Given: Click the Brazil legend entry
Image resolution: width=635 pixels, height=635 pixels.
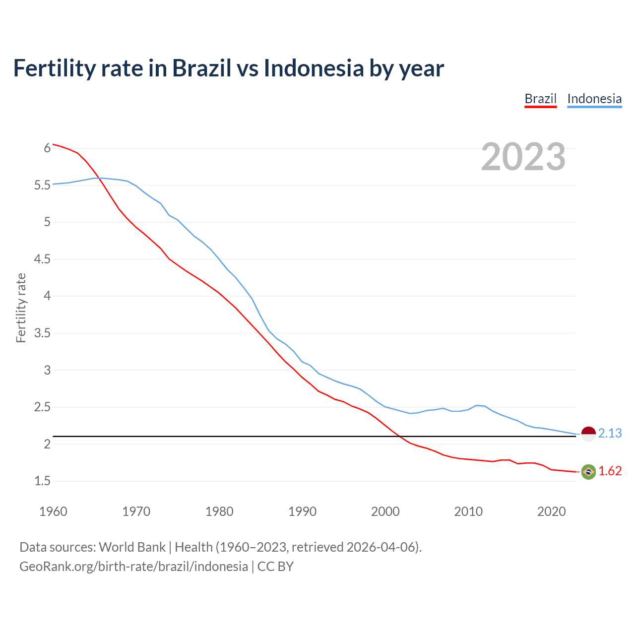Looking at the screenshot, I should click(540, 99).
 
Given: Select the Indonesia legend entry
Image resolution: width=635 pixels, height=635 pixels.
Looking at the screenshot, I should click(594, 99).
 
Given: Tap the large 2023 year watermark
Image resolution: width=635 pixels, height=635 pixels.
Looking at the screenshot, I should click(523, 157).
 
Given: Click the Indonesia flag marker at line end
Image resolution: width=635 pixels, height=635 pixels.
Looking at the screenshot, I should click(588, 434).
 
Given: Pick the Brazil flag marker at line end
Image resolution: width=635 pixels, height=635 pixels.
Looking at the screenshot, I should click(588, 472).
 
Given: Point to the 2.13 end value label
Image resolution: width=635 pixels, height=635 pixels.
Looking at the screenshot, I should click(610, 433).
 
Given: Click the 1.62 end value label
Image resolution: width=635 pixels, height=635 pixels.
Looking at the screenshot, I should click(610, 471).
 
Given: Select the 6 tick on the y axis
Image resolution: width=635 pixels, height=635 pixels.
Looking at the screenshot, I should click(47, 148).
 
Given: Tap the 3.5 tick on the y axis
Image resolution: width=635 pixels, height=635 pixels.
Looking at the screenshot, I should click(42, 333).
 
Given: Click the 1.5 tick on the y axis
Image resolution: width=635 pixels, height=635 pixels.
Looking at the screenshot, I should click(42, 481).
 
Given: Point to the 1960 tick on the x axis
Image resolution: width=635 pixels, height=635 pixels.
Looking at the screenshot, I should click(53, 511).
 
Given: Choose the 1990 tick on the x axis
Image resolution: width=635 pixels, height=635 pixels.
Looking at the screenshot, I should click(302, 511).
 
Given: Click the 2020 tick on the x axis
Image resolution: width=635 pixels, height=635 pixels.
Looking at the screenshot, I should click(551, 511).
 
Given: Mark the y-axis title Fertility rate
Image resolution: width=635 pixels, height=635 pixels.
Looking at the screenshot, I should click(21, 308).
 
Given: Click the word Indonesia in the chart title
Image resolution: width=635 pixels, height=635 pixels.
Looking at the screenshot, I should click(314, 68).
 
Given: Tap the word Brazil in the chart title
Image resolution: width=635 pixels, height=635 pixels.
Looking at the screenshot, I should click(201, 68).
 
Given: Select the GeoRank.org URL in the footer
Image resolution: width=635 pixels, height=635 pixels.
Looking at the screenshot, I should click(133, 566).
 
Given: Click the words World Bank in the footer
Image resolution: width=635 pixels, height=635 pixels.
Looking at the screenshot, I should click(132, 547).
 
